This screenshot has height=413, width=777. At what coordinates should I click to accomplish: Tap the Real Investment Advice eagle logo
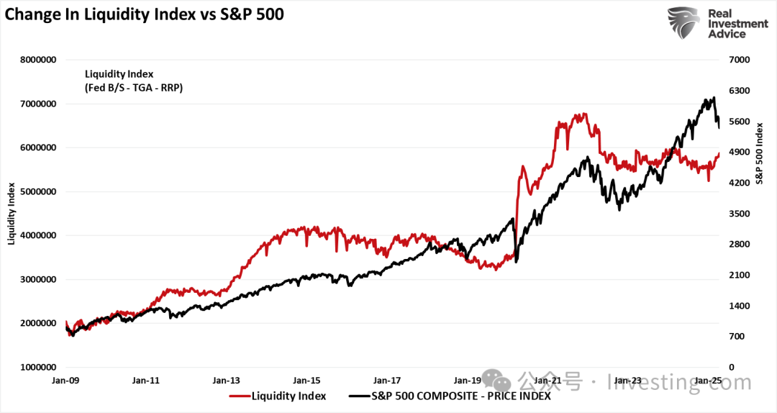pos(683,23)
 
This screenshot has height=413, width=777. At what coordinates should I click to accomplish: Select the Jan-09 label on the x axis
pos(65,380)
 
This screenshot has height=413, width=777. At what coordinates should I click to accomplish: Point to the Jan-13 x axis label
pos(226,380)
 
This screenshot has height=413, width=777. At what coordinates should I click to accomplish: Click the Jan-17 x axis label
pos(387,380)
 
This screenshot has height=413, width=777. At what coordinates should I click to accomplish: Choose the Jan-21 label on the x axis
pos(548,380)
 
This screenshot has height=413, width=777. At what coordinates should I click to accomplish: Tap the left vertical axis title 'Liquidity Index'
pos(12,213)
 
